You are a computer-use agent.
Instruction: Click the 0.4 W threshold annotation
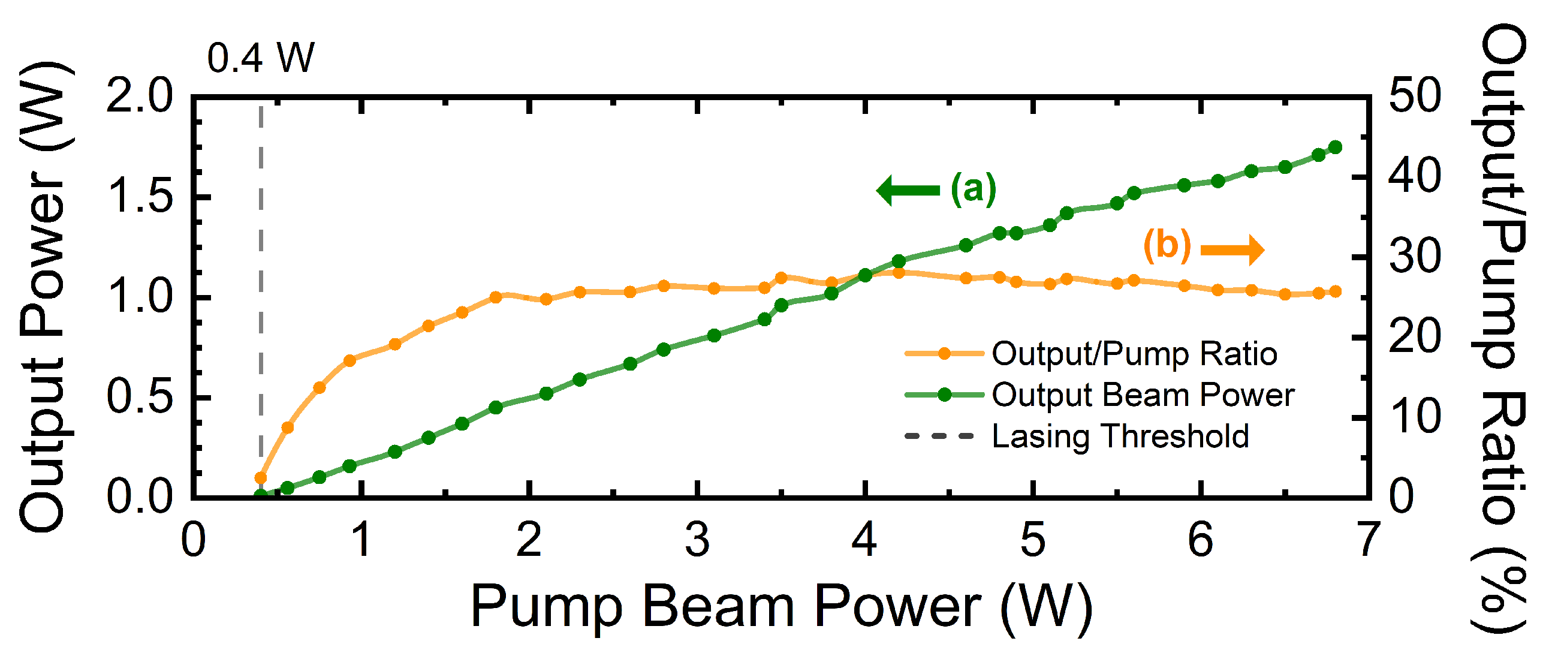[x=260, y=59]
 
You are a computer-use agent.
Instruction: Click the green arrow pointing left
[x=908, y=191]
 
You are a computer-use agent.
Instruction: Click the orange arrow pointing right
[x=1232, y=249]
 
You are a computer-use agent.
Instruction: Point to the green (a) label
[x=973, y=189]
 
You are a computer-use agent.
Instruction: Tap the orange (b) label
[x=1167, y=246]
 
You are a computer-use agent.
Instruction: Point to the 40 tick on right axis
[x=1414, y=176]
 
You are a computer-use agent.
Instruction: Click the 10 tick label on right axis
[x=1414, y=417]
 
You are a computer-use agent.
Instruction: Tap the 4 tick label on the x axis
[x=864, y=540]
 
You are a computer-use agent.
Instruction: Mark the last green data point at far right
[x=1336, y=148]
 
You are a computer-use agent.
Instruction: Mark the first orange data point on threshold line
[x=260, y=478]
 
